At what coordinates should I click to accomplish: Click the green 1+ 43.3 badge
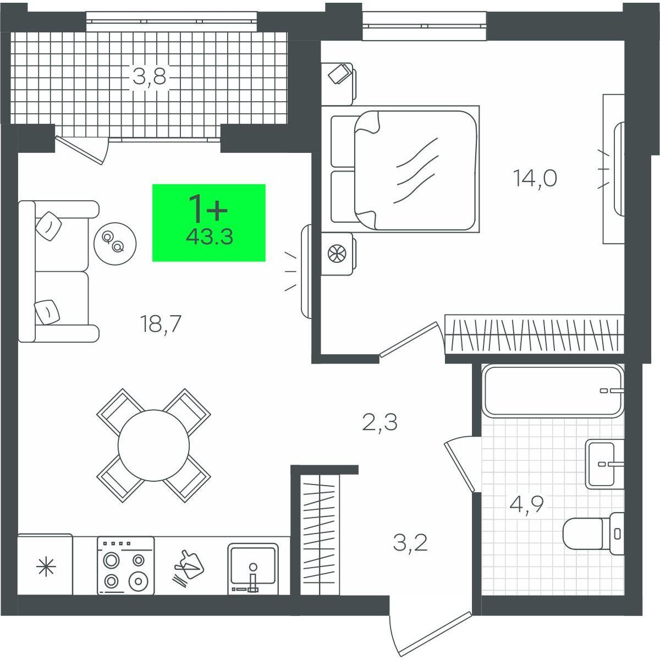208,223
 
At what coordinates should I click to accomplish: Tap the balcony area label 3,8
150,78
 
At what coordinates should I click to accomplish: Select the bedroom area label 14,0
535,179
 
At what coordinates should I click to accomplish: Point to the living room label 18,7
160,324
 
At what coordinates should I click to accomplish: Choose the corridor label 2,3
380,422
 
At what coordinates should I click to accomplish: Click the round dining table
153,446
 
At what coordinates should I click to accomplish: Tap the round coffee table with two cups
115,244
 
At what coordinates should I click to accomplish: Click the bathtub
553,392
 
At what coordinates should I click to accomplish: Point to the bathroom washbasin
604,464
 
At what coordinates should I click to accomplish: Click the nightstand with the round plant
339,254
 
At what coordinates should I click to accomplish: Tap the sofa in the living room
58,271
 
